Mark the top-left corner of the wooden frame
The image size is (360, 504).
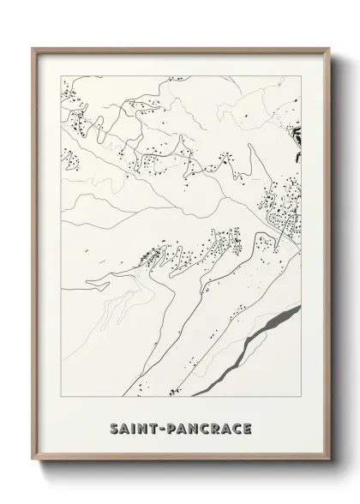click(x=33, y=48)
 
